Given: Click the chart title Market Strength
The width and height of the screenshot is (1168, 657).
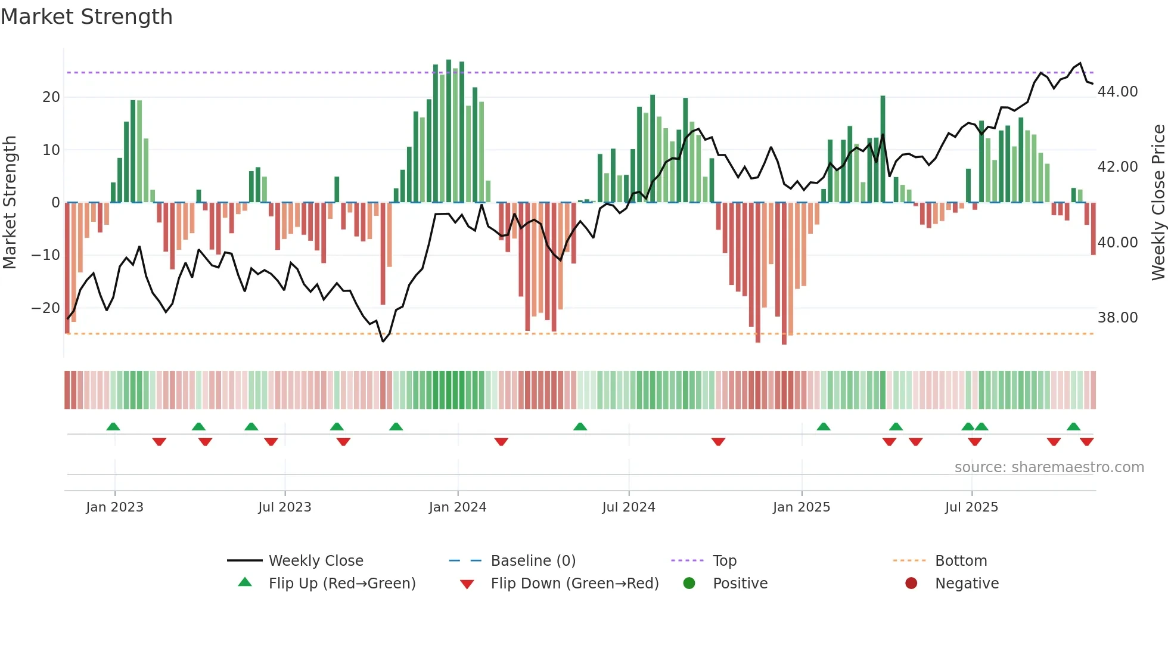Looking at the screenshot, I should tap(86, 17).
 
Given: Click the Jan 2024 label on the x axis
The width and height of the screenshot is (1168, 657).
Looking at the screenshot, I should tap(457, 507).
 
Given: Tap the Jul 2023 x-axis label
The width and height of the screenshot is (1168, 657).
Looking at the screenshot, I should tap(284, 507).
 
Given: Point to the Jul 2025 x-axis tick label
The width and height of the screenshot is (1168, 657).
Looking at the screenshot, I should tap(971, 507).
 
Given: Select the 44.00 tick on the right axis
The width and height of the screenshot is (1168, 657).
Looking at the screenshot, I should tap(1117, 91).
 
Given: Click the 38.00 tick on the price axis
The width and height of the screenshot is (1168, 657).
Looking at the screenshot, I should tap(1117, 317).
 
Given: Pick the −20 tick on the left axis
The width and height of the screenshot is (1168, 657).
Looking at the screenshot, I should tap(45, 308).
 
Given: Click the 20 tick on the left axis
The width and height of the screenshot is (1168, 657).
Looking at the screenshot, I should tap(51, 97).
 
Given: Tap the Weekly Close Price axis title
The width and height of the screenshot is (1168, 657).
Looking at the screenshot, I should tap(1158, 202).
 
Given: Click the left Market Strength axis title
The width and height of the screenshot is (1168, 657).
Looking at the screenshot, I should tap(10, 202).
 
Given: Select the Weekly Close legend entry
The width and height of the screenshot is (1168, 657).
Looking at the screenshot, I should tap(315, 560).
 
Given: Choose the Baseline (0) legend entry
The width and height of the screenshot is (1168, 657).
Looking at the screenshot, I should tap(533, 560).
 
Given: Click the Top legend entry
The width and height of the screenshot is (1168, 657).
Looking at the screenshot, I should tap(724, 560).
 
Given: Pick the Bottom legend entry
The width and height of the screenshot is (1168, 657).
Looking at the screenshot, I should tap(961, 560).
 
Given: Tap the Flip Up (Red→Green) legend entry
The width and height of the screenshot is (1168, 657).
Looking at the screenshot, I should tap(341, 583).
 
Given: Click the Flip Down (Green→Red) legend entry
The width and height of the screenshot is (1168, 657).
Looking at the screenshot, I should tap(574, 583).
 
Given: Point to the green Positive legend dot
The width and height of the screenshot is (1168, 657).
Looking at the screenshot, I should tap(689, 583).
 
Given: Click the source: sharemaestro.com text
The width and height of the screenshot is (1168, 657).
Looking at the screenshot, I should tap(1049, 467).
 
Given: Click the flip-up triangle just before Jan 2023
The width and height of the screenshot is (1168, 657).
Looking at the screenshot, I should tap(113, 426).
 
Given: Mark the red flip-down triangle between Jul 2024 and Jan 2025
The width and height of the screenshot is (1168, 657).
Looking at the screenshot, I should tap(718, 442).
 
